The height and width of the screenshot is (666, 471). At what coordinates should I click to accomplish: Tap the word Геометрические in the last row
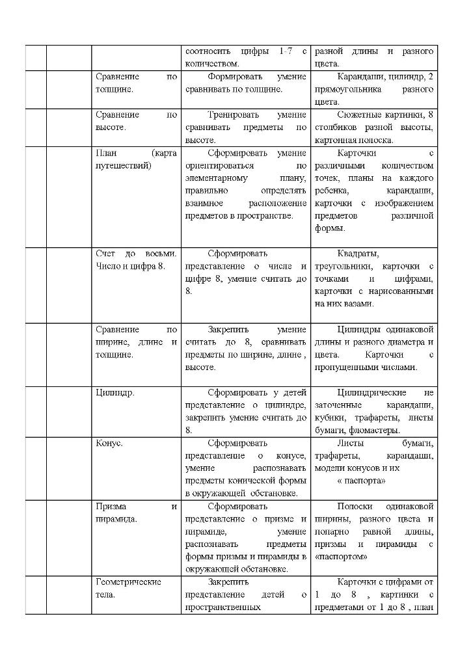click(128, 581)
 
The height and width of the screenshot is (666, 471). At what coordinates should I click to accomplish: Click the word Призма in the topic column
click(111, 506)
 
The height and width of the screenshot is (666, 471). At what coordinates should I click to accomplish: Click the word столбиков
click(338, 127)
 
